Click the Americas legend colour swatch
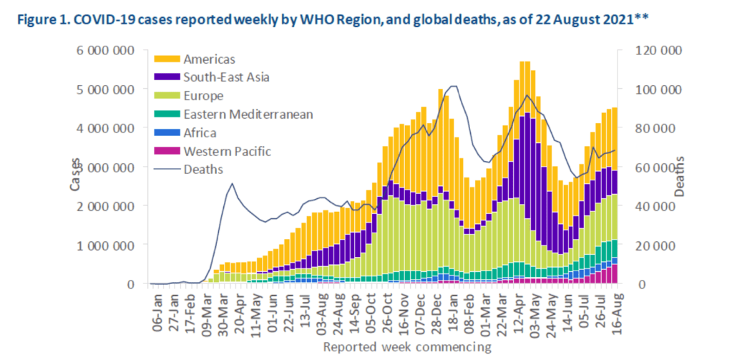coord(167,59)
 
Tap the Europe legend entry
coord(204,95)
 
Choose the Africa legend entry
coord(201,132)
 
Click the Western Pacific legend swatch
coord(167,151)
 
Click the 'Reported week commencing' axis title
coord(406,347)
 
